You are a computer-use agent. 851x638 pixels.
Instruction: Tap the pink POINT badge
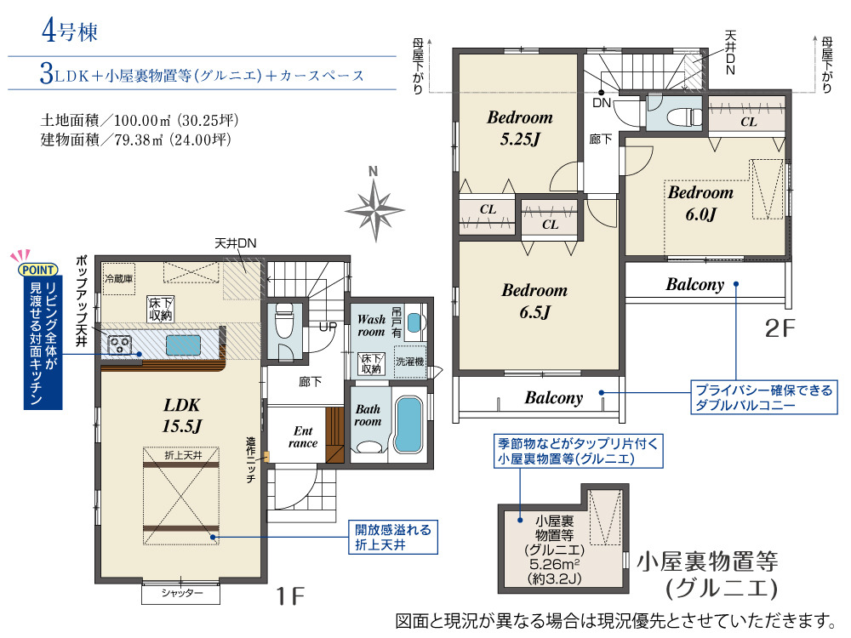[38, 270]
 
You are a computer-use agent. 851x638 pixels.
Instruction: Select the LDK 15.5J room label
[182, 416]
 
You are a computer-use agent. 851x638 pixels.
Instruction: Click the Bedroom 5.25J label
[520, 128]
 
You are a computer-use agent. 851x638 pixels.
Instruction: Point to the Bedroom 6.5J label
[534, 301]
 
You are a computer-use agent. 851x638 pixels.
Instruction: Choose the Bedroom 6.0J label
[700, 203]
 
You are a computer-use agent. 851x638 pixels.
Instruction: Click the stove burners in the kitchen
[120, 345]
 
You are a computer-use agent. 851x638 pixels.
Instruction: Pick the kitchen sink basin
[183, 345]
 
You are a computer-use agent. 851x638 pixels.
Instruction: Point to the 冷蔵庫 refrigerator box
[119, 279]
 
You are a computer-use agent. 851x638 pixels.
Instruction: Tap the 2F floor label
[780, 328]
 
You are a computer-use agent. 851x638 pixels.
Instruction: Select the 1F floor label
[290, 596]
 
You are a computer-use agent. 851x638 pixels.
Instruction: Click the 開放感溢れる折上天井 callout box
[393, 537]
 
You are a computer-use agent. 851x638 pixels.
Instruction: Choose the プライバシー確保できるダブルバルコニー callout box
[763, 397]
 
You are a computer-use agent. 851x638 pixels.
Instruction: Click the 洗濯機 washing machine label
[410, 362]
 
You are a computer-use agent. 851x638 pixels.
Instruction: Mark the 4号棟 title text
[70, 31]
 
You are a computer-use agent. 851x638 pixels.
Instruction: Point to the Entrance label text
[303, 436]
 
